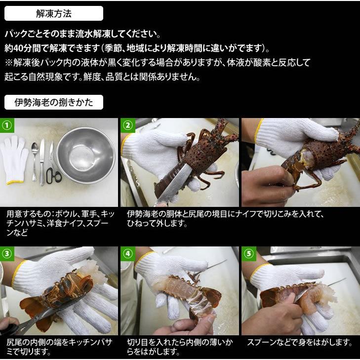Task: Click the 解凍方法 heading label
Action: pos(54,13)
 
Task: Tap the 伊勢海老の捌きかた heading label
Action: pos(54,102)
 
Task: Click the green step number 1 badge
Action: pos(7,125)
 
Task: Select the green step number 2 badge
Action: pos(128,125)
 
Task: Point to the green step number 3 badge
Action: pos(7,254)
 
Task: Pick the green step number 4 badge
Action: pos(128,254)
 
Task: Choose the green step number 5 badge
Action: pos(249,254)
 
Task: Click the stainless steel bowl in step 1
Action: pos(85,156)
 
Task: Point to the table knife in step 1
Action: pos(42,162)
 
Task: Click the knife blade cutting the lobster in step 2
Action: pos(175,184)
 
